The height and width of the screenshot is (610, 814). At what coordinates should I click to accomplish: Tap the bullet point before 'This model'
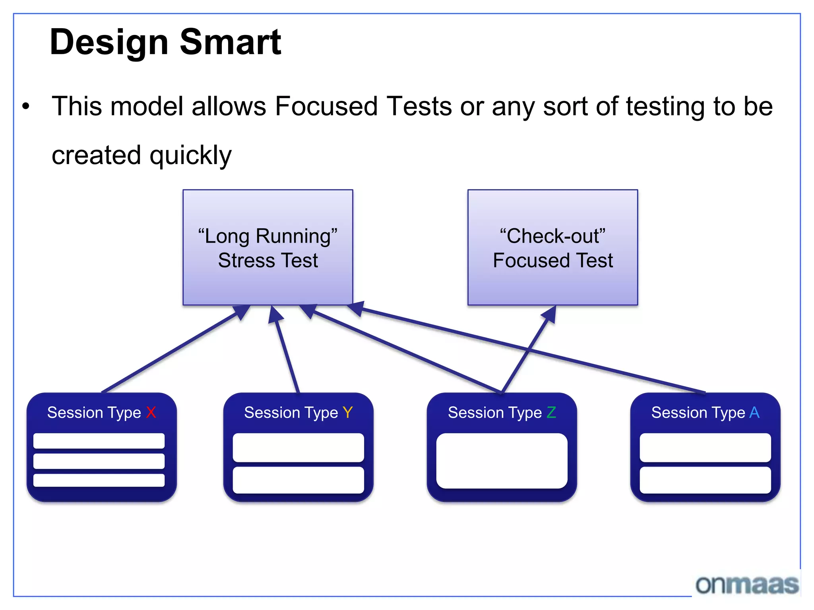tap(26, 106)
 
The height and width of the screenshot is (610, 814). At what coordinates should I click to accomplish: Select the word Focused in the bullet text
tap(326, 106)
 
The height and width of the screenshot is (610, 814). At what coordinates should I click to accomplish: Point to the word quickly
tap(190, 155)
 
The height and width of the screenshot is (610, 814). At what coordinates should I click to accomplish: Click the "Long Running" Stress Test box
tap(267, 247)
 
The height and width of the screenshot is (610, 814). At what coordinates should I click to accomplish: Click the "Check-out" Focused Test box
tap(552, 247)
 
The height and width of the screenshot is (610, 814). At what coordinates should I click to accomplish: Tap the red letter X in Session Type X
tap(151, 413)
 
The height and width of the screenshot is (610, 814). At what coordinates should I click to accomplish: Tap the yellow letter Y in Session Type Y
tap(347, 413)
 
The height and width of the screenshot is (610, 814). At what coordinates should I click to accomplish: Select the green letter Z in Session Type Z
tap(551, 413)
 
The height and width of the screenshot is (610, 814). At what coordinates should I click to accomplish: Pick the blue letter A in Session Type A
tap(754, 413)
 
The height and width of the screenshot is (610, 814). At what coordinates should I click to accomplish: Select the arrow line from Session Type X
tap(171, 351)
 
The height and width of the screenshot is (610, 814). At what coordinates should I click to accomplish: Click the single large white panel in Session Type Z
tap(502, 461)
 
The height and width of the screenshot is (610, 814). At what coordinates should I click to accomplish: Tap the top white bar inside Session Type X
tap(99, 441)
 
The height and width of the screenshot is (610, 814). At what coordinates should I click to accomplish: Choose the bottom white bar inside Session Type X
tap(99, 480)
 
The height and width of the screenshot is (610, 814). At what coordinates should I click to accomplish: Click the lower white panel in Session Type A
tap(705, 480)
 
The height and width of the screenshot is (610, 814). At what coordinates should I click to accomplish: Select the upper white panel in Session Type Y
tap(298, 448)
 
